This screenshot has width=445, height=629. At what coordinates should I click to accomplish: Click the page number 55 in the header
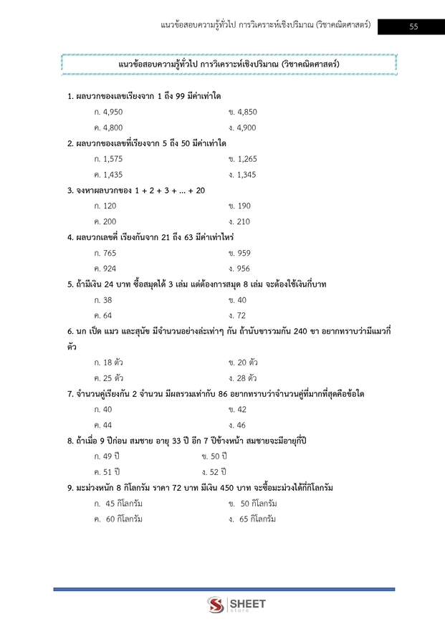pos(413,27)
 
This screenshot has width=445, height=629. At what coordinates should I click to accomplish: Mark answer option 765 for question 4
pos(105,254)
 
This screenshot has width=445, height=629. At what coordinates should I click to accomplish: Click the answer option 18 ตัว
pos(109,362)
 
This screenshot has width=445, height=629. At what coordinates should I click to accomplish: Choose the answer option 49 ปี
pos(107,456)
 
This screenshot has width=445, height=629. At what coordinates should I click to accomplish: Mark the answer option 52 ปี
pos(215,472)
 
